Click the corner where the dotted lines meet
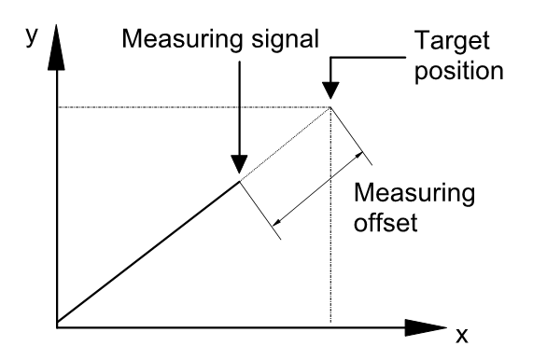[330, 108]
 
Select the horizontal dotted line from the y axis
[187, 108]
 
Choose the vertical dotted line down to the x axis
[330, 224]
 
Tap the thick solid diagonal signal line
[149, 252]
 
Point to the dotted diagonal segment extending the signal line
[285, 144]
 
